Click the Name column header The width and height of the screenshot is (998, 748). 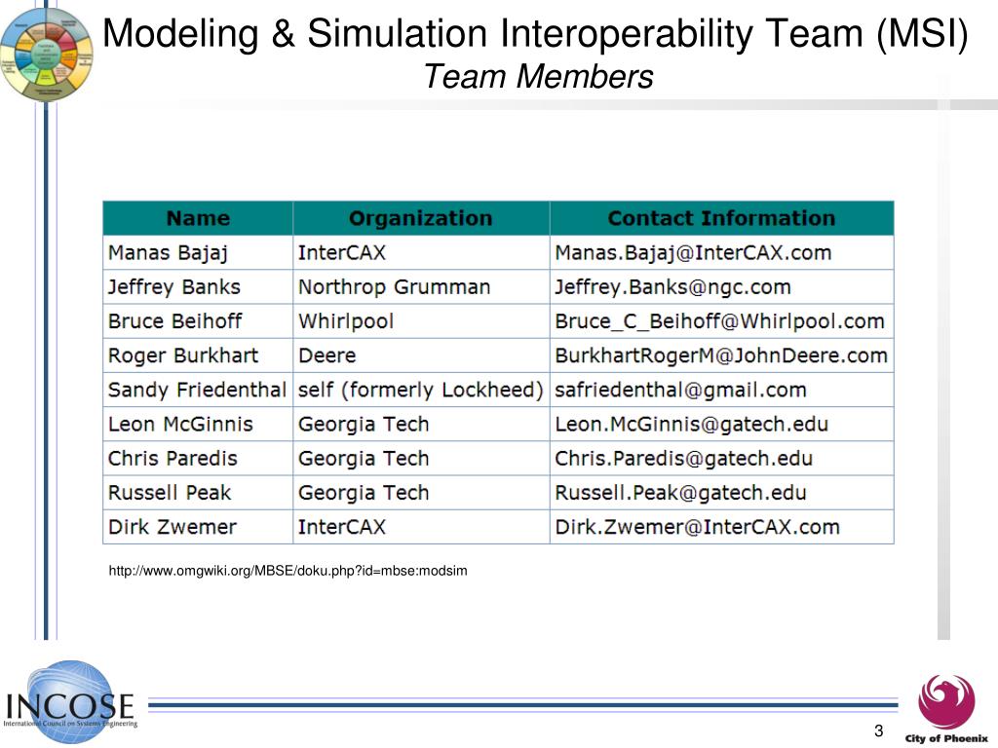(x=198, y=218)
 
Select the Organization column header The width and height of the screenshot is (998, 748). (x=420, y=218)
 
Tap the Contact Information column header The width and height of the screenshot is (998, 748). (x=721, y=218)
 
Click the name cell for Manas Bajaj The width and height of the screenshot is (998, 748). (x=168, y=253)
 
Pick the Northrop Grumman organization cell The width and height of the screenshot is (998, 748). (x=394, y=287)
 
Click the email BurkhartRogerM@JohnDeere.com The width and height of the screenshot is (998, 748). (x=720, y=355)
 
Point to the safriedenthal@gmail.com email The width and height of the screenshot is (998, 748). (x=680, y=390)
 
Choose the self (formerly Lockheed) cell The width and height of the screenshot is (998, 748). (x=420, y=390)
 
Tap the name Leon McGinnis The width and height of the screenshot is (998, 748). (x=180, y=425)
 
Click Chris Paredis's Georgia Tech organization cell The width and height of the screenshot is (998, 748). (x=364, y=459)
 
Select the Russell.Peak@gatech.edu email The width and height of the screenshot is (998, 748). (x=680, y=493)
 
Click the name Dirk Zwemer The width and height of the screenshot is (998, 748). (x=173, y=527)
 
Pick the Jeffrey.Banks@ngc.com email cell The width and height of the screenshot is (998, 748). (x=672, y=287)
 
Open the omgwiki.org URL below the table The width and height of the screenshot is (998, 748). (x=288, y=571)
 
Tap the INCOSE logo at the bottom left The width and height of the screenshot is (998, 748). (x=69, y=703)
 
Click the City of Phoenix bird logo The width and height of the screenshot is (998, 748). (x=945, y=700)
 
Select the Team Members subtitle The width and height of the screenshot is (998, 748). (x=538, y=76)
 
